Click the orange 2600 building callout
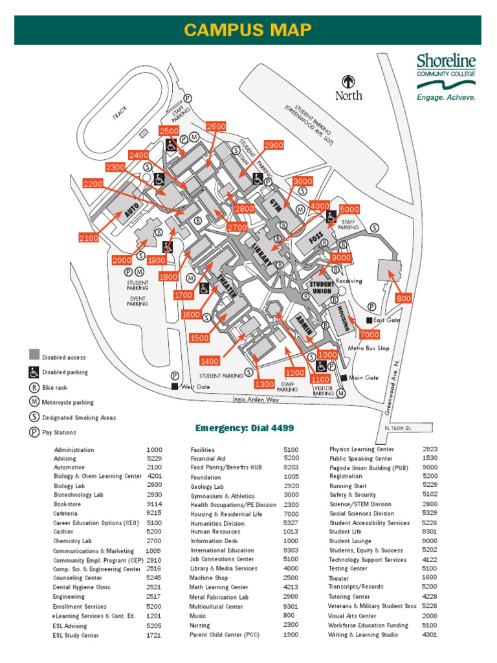(216, 126)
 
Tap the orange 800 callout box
(403, 298)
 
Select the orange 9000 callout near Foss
(341, 257)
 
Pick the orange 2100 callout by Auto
(89, 238)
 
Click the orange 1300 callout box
(264, 384)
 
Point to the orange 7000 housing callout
(370, 335)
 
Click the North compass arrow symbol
(349, 82)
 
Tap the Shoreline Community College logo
(445, 77)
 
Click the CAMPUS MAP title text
(248, 30)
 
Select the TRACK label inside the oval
(120, 113)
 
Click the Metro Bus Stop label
(369, 348)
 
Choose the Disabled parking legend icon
(34, 372)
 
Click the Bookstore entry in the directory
(67, 503)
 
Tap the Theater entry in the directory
(338, 578)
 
